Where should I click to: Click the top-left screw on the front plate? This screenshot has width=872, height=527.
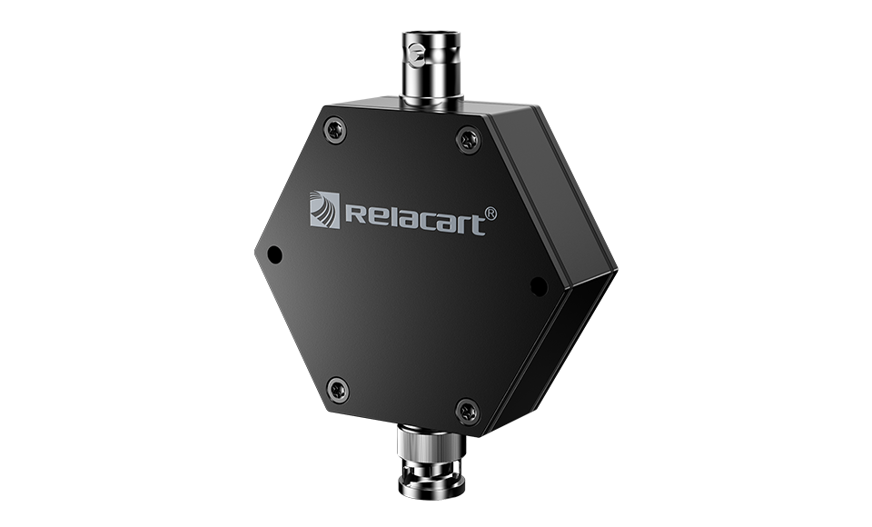click(335, 130)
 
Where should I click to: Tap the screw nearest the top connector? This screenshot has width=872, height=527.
click(469, 140)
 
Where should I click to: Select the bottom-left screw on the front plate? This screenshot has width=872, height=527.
click(338, 390)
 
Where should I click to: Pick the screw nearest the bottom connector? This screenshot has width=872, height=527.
click(468, 413)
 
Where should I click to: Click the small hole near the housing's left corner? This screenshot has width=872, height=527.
click(274, 255)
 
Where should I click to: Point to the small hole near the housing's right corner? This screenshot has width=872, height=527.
click(539, 285)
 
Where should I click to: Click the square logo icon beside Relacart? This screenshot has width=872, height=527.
click(324, 209)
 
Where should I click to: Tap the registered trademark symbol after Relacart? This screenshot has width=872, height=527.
click(491, 214)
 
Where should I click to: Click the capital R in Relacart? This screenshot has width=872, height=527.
click(355, 214)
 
